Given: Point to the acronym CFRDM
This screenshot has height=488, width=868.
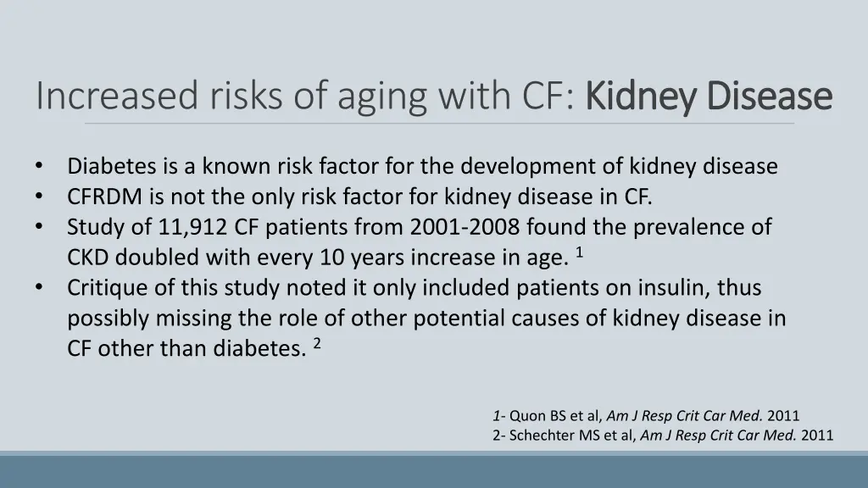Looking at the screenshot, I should (106, 197).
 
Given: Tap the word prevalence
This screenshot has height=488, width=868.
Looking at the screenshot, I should (687, 227).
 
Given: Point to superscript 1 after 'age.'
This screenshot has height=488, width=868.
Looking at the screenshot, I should (578, 252).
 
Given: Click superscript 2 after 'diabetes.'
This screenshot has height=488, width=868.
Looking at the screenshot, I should (316, 343).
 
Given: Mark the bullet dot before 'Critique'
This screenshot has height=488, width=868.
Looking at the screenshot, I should (40, 288).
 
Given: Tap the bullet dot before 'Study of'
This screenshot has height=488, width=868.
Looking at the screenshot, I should (40, 227).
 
